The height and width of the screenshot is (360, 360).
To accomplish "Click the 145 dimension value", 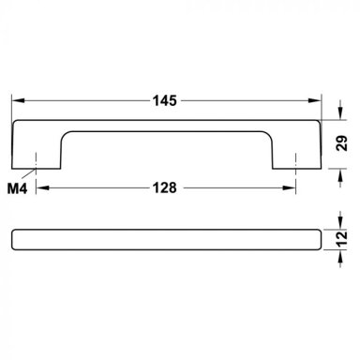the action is (165, 100).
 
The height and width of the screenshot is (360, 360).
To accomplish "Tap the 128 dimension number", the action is (165, 187).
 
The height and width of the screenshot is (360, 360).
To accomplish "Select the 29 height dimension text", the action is (342, 143).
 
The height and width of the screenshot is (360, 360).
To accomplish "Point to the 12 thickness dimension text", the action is (342, 239).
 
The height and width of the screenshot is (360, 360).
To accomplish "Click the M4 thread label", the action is (17, 188).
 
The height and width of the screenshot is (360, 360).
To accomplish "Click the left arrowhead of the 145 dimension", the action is (18, 100).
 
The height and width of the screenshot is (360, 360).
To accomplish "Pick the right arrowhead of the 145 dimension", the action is (315, 100).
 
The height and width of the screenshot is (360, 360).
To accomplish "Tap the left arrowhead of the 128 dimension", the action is (43, 187).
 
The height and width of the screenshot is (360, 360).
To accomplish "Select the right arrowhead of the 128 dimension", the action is (289, 187).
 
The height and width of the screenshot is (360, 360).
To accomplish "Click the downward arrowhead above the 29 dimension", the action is (340, 113).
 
